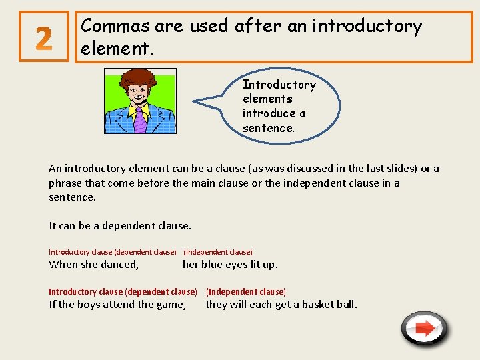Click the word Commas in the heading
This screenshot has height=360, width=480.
coord(115,26)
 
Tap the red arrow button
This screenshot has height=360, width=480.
coord(425,328)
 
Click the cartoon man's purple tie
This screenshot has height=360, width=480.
coord(141,119)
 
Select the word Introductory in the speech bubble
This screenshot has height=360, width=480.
coord(279,85)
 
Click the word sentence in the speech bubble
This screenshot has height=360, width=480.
coord(267,127)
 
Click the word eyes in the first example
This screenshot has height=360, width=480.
coord(237,265)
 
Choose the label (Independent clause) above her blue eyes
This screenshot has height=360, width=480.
coord(218,252)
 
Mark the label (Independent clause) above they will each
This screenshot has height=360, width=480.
coord(246,292)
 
